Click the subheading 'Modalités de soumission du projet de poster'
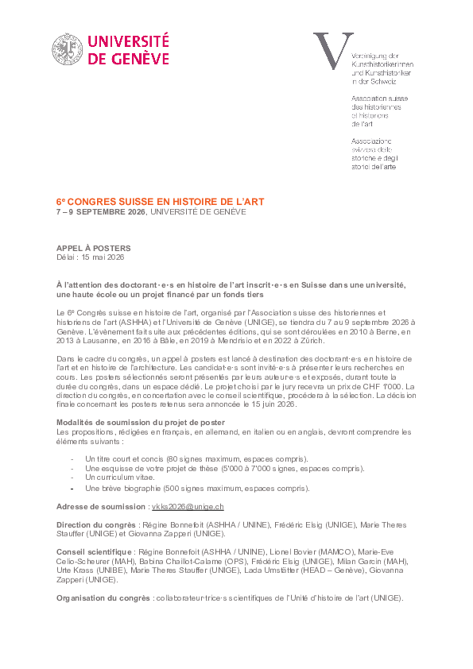(x=141, y=421)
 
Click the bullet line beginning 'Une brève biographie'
(x=196, y=488)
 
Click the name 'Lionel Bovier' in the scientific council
(x=294, y=551)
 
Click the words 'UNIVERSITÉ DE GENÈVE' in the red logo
(x=129, y=48)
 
